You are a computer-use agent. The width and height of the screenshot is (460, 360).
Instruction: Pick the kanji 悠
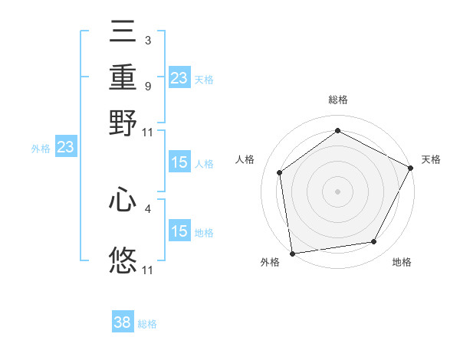pos(123,260)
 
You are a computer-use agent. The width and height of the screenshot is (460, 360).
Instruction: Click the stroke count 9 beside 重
pos(147,86)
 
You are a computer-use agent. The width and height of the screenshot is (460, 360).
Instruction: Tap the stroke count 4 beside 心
pos(147,207)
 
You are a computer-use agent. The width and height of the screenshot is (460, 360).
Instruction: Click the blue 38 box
pos(123,322)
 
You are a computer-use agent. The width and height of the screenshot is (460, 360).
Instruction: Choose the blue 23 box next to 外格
pos(65,148)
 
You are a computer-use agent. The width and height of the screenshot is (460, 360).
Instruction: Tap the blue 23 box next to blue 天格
pos(179,78)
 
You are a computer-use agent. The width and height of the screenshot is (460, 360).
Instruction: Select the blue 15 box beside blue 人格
pos(179,162)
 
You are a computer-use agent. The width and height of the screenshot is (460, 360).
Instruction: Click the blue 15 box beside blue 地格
pos(179,231)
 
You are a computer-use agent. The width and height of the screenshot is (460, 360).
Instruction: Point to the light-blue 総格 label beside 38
pos(147,324)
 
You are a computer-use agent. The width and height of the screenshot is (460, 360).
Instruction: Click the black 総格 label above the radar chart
pos(337,100)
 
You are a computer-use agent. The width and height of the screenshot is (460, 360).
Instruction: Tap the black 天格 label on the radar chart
pos(431,159)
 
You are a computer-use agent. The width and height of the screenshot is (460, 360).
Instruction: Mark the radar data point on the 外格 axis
pos(292,253)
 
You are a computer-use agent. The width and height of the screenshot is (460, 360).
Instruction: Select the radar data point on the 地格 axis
pos(374,242)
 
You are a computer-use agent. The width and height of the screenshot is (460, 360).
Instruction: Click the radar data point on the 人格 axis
pos(280,172)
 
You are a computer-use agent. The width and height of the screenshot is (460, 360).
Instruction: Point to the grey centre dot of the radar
pos(337,191)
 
